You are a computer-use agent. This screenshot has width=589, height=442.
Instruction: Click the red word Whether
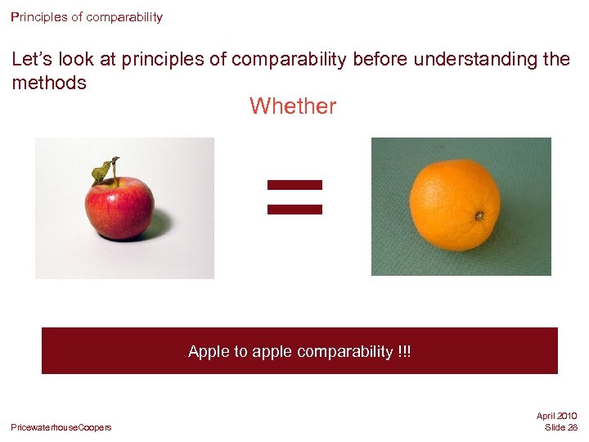(292, 106)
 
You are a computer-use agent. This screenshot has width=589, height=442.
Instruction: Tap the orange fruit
(454, 205)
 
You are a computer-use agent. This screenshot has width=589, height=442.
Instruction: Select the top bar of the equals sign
(295, 185)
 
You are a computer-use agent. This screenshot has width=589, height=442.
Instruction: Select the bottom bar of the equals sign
(295, 209)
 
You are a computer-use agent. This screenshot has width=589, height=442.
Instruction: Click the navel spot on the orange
(479, 216)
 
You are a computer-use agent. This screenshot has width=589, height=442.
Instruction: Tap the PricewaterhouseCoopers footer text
(61, 428)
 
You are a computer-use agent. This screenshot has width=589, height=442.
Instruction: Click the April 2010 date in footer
(556, 417)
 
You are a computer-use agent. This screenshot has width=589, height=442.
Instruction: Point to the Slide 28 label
(560, 428)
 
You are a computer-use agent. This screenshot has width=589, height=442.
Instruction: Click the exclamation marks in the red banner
(405, 352)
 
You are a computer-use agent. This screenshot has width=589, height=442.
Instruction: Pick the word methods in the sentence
(49, 83)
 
